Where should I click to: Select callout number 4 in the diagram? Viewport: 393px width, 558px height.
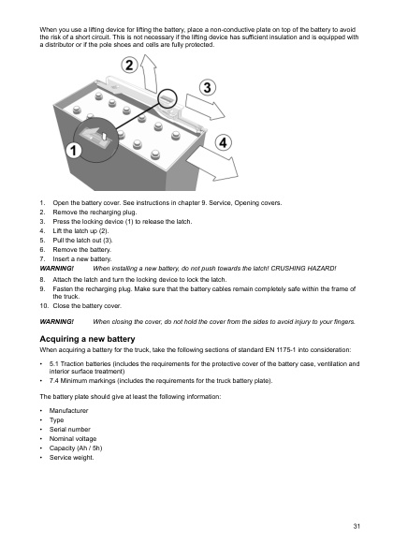(223, 142)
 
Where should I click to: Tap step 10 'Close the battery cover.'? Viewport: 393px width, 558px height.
(87, 305)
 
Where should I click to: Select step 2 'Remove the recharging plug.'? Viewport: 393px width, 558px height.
(93, 212)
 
